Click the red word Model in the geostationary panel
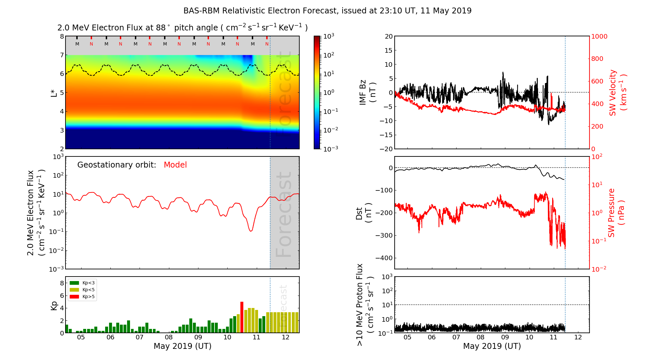click(175, 165)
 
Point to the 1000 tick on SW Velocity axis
click(599, 36)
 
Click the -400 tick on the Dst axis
click(384, 258)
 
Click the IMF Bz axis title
click(367, 93)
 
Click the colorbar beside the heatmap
click(317, 92)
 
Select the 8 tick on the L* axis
click(62, 36)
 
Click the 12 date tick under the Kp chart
click(286, 337)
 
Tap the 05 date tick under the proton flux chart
click(407, 337)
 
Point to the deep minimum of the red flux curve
click(251, 231)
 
